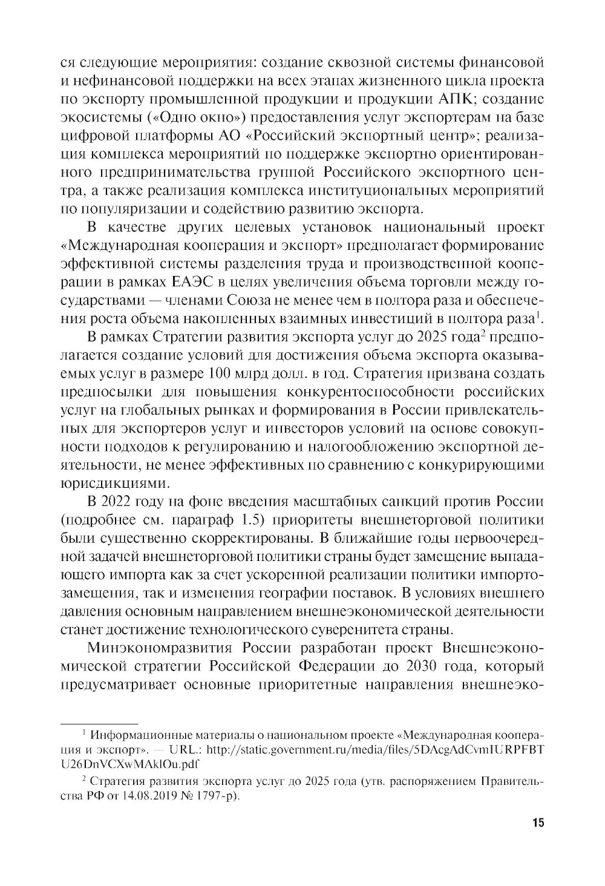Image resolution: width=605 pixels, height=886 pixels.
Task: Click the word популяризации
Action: click(125, 209)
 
